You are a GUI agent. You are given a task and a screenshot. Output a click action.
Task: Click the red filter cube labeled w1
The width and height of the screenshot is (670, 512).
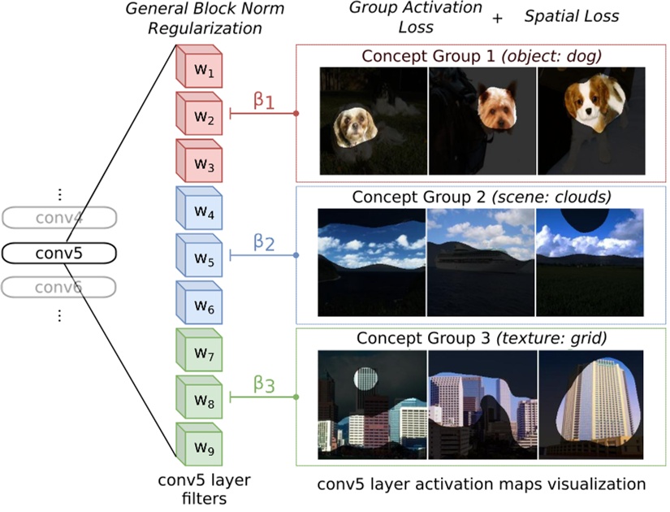pos(201,72)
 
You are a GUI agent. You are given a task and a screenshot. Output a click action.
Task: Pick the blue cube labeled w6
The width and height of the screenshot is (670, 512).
pos(201,306)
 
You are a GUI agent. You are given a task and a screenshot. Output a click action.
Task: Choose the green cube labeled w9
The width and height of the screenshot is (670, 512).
pos(201,446)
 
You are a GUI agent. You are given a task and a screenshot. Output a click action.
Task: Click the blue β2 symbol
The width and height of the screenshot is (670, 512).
pos(264,242)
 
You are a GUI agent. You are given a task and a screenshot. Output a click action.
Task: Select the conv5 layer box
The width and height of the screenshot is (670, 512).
pos(58,254)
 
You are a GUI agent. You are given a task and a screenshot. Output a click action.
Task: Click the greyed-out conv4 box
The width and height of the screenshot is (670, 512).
pos(58,218)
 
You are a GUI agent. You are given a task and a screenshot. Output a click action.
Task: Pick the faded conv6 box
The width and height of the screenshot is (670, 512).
pos(58,288)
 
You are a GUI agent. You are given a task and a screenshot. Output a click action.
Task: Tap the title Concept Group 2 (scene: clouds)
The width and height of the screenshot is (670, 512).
pos(482,197)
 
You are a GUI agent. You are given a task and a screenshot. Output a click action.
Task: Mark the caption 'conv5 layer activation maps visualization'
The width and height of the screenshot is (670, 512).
pos(482,484)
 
